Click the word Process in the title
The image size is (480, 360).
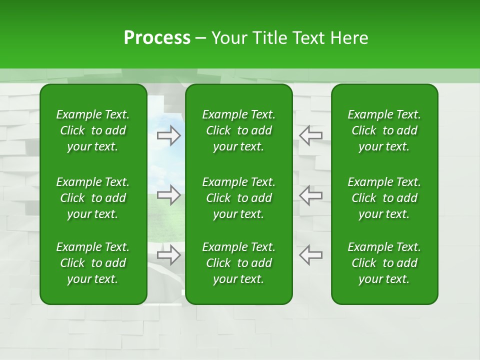157,38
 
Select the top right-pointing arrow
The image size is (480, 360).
168,135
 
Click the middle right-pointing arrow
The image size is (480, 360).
168,195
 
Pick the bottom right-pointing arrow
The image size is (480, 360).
168,255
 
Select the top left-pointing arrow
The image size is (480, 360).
311,135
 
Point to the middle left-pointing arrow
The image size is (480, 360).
311,195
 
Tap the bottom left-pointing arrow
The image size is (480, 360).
311,255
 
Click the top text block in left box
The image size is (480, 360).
93,130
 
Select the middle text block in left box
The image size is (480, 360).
93,198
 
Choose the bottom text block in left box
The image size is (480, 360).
93,263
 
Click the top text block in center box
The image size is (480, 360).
238,130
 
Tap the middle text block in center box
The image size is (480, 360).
238,198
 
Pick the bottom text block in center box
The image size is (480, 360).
238,263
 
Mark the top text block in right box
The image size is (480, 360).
384,130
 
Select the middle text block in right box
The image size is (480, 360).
384,198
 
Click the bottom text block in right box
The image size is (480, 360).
384,263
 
